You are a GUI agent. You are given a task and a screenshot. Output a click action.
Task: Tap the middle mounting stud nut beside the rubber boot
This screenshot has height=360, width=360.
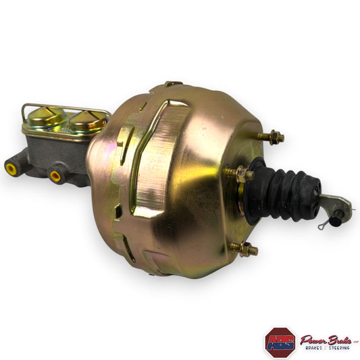240,174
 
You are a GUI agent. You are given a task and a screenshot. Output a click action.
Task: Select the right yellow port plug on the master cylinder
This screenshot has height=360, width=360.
55,176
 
